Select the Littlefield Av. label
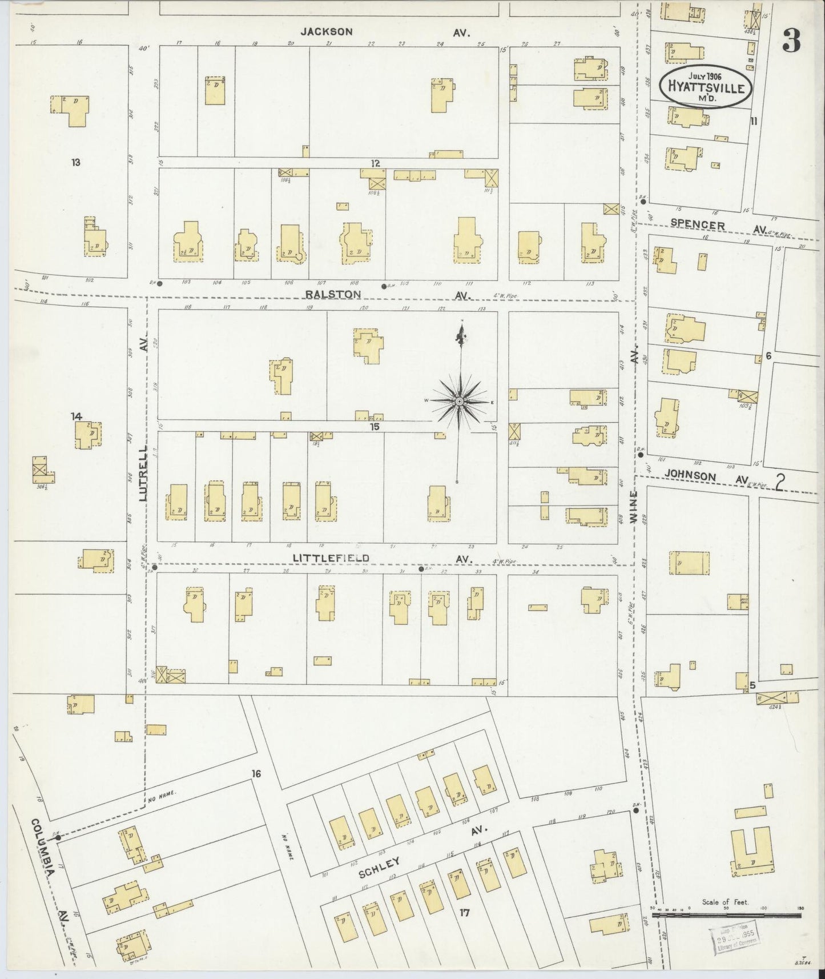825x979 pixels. [x=388, y=558]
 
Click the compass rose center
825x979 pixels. [x=458, y=402]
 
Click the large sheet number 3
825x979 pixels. [x=791, y=41]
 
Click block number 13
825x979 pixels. [x=75, y=162]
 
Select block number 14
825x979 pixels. [x=77, y=416]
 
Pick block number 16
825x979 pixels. [x=255, y=773]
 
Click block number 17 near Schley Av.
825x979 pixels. [x=464, y=913]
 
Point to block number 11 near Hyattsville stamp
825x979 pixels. [x=754, y=121]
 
